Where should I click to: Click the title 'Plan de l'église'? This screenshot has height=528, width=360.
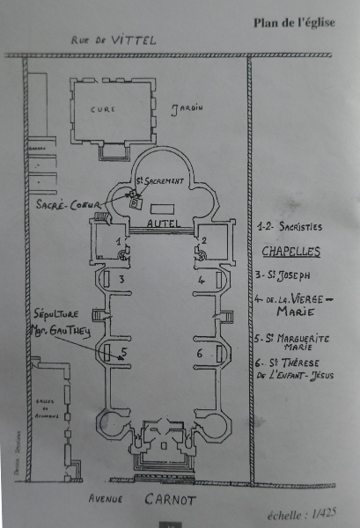294,22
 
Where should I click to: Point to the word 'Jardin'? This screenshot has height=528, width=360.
186,107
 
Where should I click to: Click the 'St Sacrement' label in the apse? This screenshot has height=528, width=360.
161,181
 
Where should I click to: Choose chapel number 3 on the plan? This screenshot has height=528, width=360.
123,280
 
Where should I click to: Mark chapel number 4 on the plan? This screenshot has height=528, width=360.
201,280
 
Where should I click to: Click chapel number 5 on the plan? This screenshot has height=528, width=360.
124,352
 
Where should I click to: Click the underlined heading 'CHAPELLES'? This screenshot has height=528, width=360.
291,251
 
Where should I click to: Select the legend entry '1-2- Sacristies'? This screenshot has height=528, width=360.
289,227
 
